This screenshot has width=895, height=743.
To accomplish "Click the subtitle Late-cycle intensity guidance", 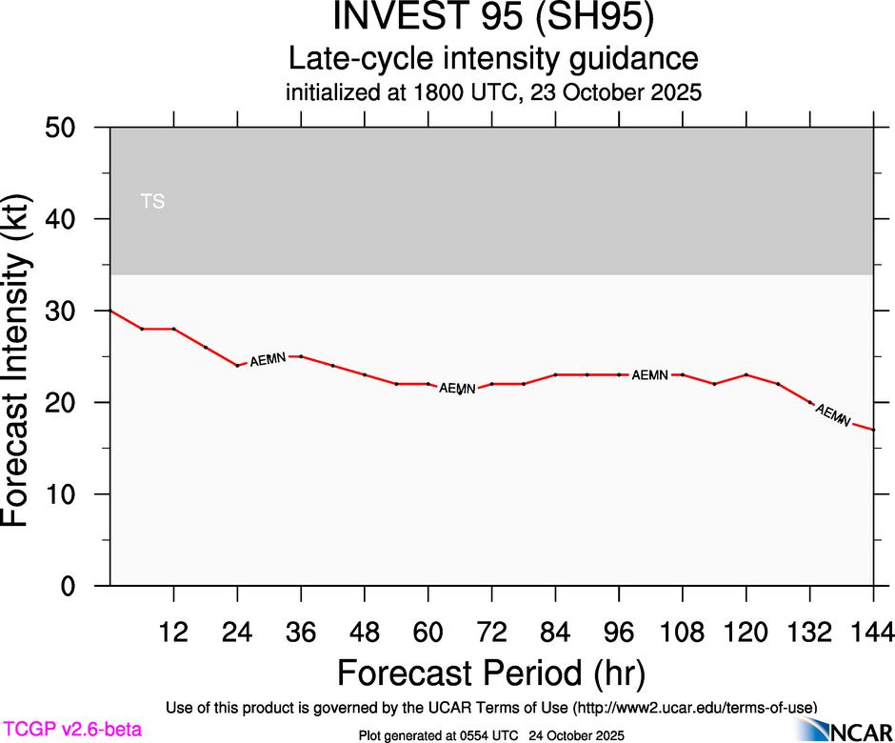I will point(493,59).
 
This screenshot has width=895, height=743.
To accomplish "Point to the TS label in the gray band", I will point(152,201).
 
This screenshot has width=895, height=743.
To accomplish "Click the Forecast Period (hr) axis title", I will point(491,673).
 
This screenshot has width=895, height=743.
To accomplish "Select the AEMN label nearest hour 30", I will point(268,359).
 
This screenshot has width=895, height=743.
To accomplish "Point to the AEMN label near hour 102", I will point(650,375).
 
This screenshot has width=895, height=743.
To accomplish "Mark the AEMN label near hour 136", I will point(833,415).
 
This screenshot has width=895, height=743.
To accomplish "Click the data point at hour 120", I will point(746,374).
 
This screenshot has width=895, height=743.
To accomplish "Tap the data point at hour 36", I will point(301,356).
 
